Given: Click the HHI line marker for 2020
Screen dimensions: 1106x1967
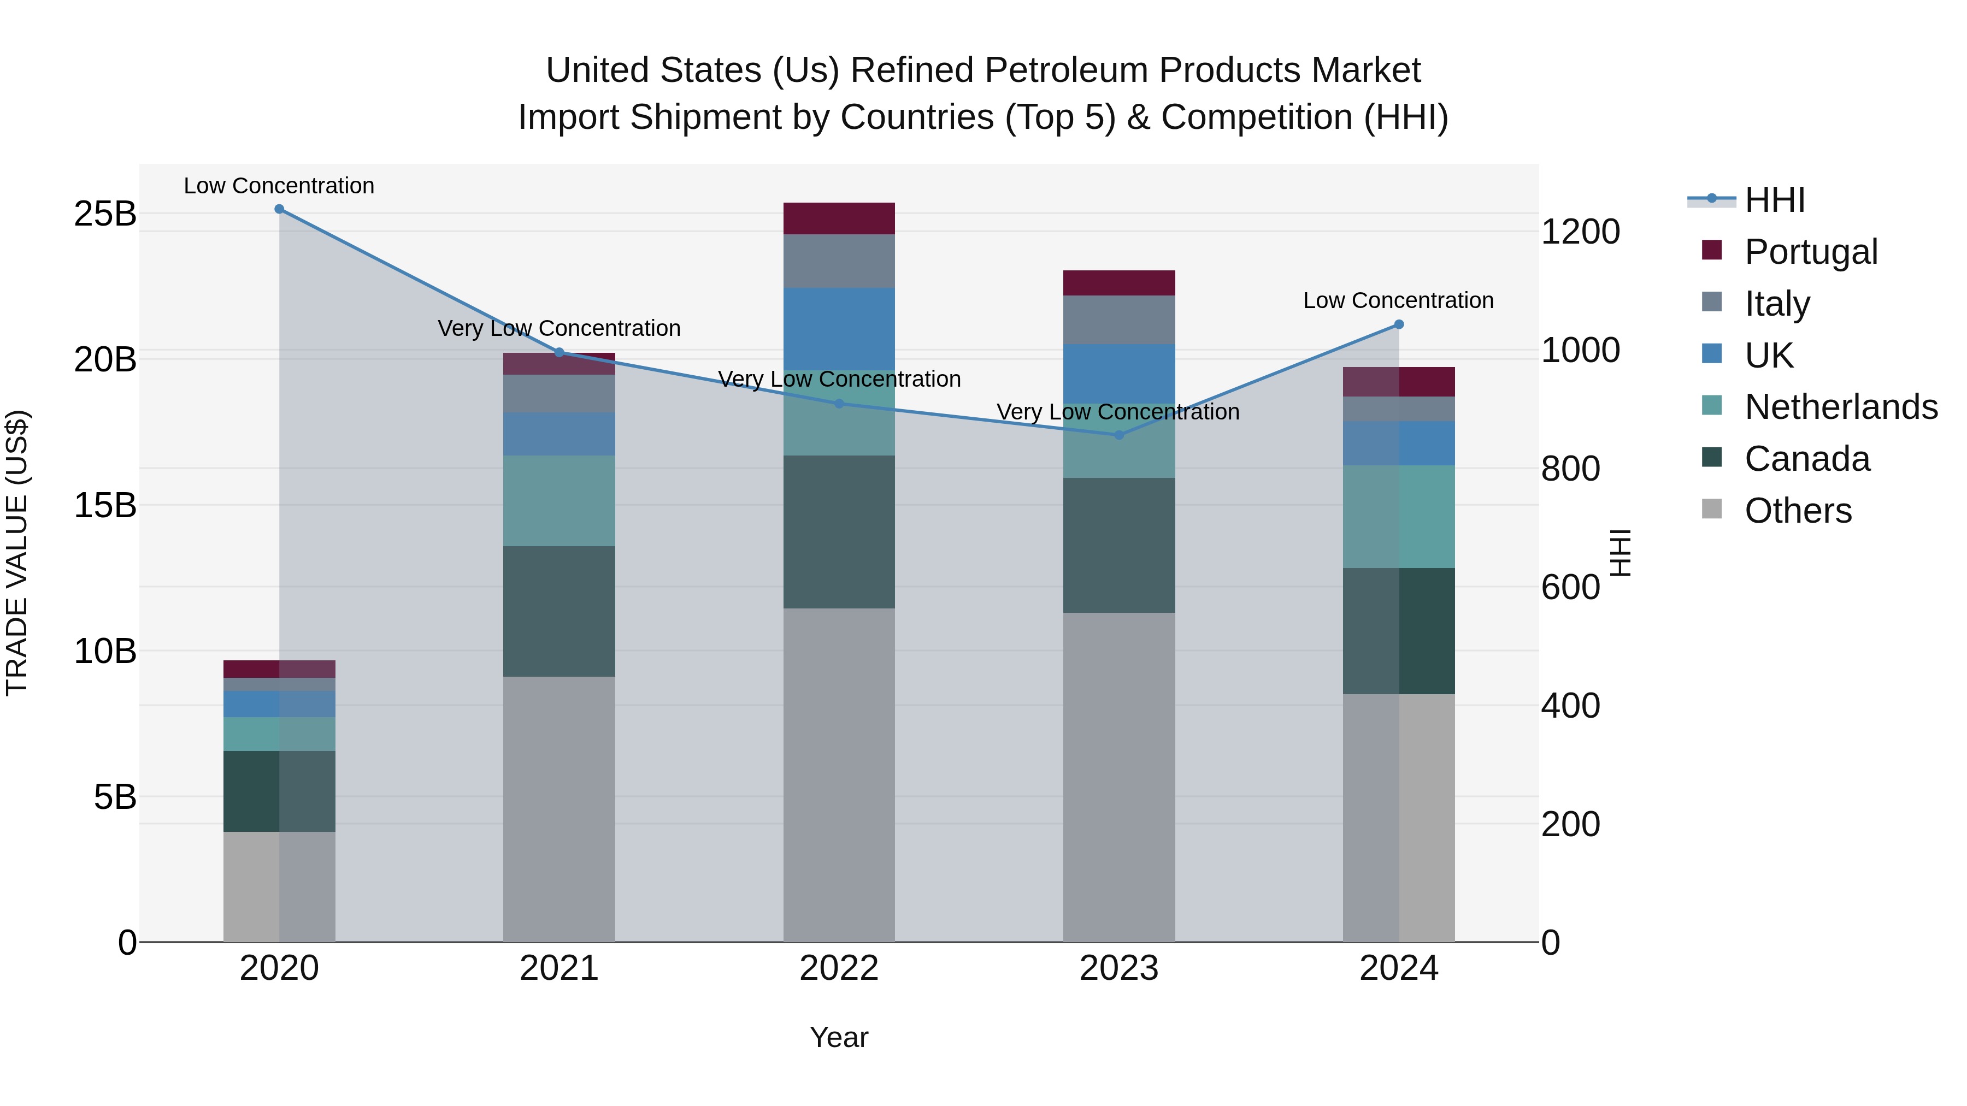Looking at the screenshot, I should [x=279, y=209].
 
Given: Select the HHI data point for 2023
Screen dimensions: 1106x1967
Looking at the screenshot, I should [x=1118, y=435].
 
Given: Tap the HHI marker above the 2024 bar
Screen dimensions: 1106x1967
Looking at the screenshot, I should [x=1399, y=324].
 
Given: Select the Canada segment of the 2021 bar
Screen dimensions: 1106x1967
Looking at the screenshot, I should [x=559, y=611].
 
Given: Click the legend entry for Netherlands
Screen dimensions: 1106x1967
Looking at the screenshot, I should [x=1840, y=407].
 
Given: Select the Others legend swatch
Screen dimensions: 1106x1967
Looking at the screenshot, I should [x=1712, y=509].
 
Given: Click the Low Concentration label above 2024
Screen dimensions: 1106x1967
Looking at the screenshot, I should [x=1398, y=301].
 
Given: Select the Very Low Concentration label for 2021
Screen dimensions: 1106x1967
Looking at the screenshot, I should [x=559, y=328].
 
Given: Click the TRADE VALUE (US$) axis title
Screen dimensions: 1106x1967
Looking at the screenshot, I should [x=17, y=553].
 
